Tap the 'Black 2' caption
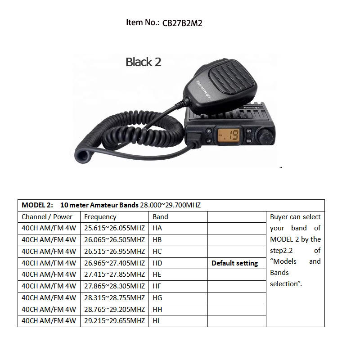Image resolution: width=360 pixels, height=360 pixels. pyautogui.click(x=143, y=62)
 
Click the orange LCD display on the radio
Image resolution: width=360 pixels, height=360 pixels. pyautogui.click(x=229, y=135)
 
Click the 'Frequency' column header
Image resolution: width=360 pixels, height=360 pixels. pyautogui.click(x=100, y=216)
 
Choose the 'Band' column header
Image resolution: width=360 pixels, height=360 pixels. pyautogui.click(x=160, y=216)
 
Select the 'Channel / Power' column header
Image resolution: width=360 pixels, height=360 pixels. pyautogui.click(x=47, y=216)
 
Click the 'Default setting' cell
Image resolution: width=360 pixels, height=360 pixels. pyautogui.click(x=234, y=263)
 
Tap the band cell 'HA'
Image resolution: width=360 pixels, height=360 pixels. pyautogui.click(x=157, y=228)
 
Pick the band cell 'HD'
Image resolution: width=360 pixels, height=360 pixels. pyautogui.click(x=157, y=263)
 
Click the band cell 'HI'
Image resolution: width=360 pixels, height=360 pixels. pyautogui.click(x=157, y=321)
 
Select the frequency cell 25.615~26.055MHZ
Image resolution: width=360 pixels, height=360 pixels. pyautogui.click(x=114, y=228)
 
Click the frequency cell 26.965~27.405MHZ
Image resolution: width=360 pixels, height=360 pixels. pyautogui.click(x=114, y=263)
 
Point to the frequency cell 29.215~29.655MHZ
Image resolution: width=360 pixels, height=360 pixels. pyautogui.click(x=114, y=321)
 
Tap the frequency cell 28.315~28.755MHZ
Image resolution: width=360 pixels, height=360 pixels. pyautogui.click(x=114, y=297)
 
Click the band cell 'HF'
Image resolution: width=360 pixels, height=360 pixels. pyautogui.click(x=157, y=286)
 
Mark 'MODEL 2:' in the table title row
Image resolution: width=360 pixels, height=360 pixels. pyautogui.click(x=37, y=205)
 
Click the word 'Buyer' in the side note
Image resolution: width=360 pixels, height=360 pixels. pyautogui.click(x=279, y=217)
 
